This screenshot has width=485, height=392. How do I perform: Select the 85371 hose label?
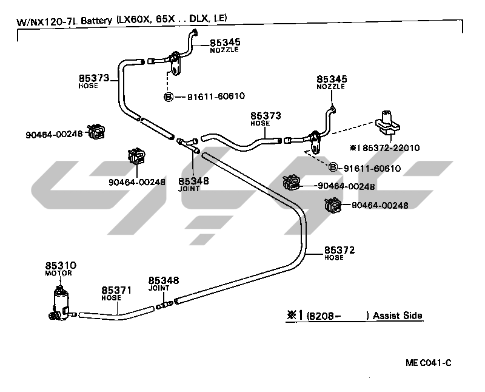pyautogui.click(x=116, y=291)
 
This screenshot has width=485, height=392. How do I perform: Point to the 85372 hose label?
pyautogui.click(x=339, y=249)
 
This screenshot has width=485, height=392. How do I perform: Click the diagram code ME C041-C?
pyautogui.click(x=429, y=363)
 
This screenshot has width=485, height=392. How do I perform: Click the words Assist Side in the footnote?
pyautogui.click(x=398, y=316)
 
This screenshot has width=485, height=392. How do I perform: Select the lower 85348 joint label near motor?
pyautogui.click(x=164, y=280)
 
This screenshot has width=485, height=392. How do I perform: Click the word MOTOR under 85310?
pyautogui.click(x=58, y=274)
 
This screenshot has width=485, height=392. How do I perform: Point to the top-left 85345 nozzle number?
pyautogui.click(x=225, y=42)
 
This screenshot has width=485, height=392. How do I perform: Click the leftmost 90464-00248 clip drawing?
pyautogui.click(x=96, y=131)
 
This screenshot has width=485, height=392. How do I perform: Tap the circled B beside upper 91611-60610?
pyautogui.click(x=169, y=96)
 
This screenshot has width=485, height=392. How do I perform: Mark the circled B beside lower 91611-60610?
pyautogui.click(x=333, y=167)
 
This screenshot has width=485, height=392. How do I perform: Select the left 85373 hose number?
pyautogui.click(x=94, y=78)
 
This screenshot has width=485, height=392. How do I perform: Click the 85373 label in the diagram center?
pyautogui.click(x=266, y=115)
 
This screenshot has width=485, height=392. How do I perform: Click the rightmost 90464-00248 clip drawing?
pyautogui.click(x=333, y=205)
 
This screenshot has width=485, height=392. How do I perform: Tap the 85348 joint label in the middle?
pyautogui.click(x=193, y=181)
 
